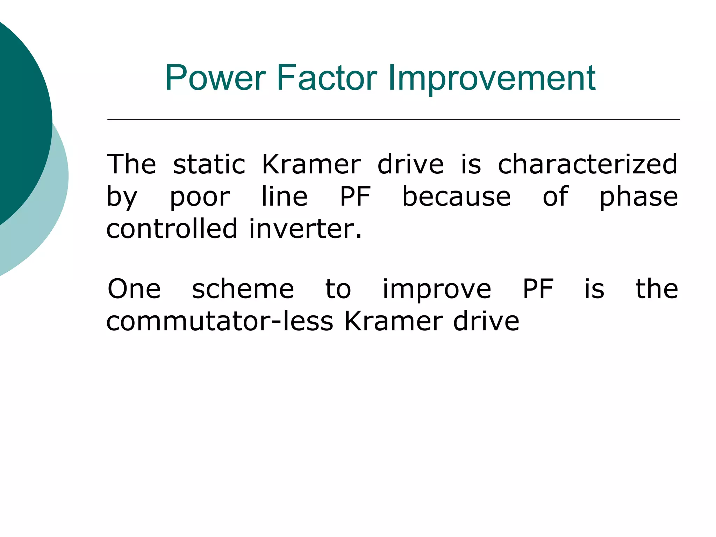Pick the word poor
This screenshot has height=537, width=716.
tap(200, 197)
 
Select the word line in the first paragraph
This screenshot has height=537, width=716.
tap(285, 196)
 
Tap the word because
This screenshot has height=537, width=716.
tap(456, 196)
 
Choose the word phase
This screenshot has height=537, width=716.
tap(639, 197)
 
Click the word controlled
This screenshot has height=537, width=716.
tap(172, 229)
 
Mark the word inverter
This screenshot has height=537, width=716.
tap(305, 229)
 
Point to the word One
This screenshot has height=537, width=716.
tap(134, 289)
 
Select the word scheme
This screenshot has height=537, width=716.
tap(243, 289)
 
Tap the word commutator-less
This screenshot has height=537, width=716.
tap(220, 321)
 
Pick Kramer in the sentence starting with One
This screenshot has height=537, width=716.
tap(394, 321)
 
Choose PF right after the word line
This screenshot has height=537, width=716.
tap(355, 196)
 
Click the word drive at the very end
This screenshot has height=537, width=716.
tap(486, 321)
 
